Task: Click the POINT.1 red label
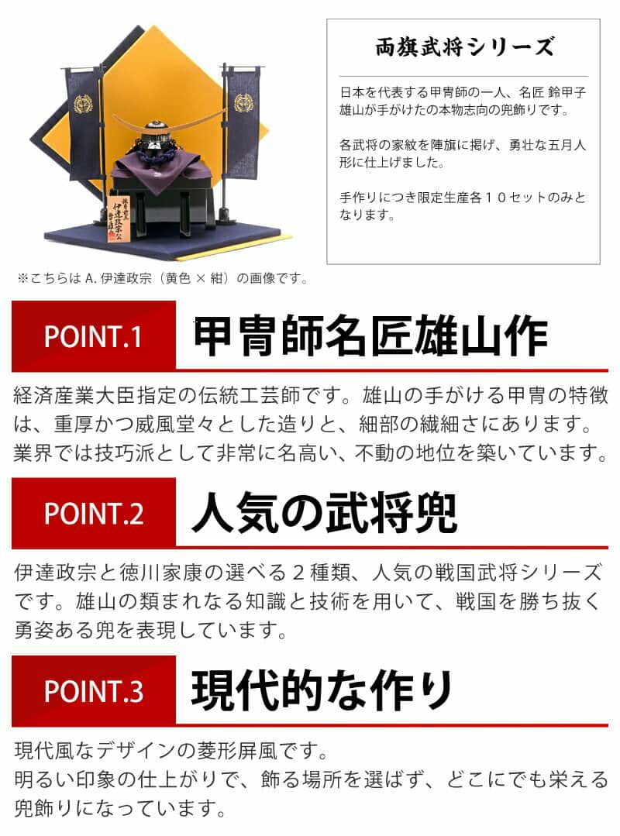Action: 93,336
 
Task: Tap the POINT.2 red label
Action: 93,513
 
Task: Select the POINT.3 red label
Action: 93,690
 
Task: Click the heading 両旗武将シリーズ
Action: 463,47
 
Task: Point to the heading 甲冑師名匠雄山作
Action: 370,336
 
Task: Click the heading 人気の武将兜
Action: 324,513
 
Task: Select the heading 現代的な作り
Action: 322,690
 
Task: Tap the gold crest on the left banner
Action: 83,104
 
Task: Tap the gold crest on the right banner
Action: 243,102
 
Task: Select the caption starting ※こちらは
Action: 163,278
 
